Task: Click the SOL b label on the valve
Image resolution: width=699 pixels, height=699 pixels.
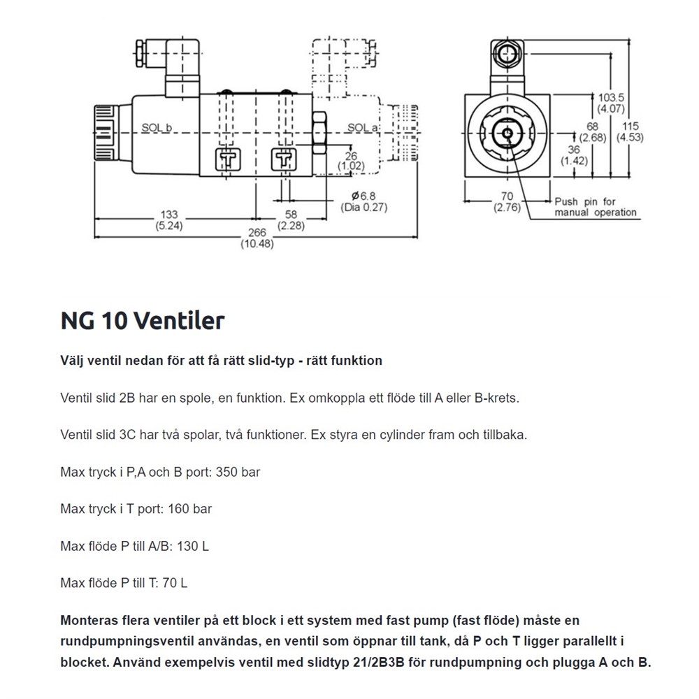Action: [157, 127]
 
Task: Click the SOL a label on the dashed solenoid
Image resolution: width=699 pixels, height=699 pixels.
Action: [363, 127]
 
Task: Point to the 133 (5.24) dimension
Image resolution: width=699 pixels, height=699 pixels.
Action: [169, 219]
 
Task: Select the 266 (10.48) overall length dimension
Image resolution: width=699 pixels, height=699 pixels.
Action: [257, 238]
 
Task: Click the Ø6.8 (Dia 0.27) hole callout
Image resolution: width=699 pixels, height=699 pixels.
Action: [363, 201]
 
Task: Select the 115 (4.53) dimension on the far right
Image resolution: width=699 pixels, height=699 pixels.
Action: [629, 131]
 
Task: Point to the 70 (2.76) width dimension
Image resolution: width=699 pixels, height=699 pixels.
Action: [507, 201]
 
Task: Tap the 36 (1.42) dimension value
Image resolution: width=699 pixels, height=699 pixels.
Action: [574, 154]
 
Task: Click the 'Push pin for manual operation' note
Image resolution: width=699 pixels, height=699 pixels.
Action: [596, 207]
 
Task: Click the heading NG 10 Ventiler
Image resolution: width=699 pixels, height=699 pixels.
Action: [143, 320]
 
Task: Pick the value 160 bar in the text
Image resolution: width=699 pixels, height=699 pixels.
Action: [189, 508]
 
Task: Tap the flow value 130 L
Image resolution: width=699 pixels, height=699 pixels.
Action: [193, 545]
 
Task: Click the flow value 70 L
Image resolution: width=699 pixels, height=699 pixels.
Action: [174, 582]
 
